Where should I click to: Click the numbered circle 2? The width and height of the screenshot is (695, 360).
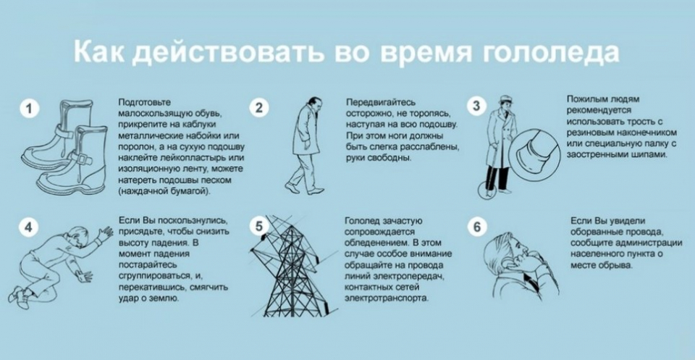(259, 108)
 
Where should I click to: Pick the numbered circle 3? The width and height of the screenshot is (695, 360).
(476, 106)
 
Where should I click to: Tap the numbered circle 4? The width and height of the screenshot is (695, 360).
(28, 227)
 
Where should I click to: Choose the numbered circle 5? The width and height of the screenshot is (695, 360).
(259, 226)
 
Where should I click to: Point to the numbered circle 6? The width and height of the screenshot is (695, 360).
(477, 227)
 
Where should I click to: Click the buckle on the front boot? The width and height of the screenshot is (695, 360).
(85, 158)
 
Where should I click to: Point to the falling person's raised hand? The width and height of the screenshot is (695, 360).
(104, 233)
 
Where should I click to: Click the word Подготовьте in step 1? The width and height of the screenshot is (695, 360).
(144, 103)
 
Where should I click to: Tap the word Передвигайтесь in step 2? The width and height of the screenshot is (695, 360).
(381, 102)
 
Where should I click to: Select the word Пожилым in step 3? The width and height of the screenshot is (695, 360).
(587, 99)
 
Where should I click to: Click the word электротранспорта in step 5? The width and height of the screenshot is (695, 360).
(387, 298)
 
